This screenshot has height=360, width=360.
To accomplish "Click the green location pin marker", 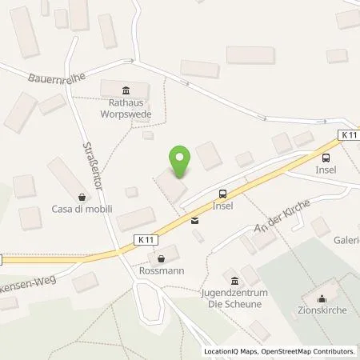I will coord(180,162).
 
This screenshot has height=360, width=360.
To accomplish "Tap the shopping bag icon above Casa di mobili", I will coord(82,195).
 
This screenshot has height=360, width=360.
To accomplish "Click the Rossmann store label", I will coord(163,271).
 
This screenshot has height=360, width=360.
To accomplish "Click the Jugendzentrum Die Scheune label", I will coord(234,299).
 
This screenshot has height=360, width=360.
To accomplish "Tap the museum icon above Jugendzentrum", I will coord(234,280).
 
